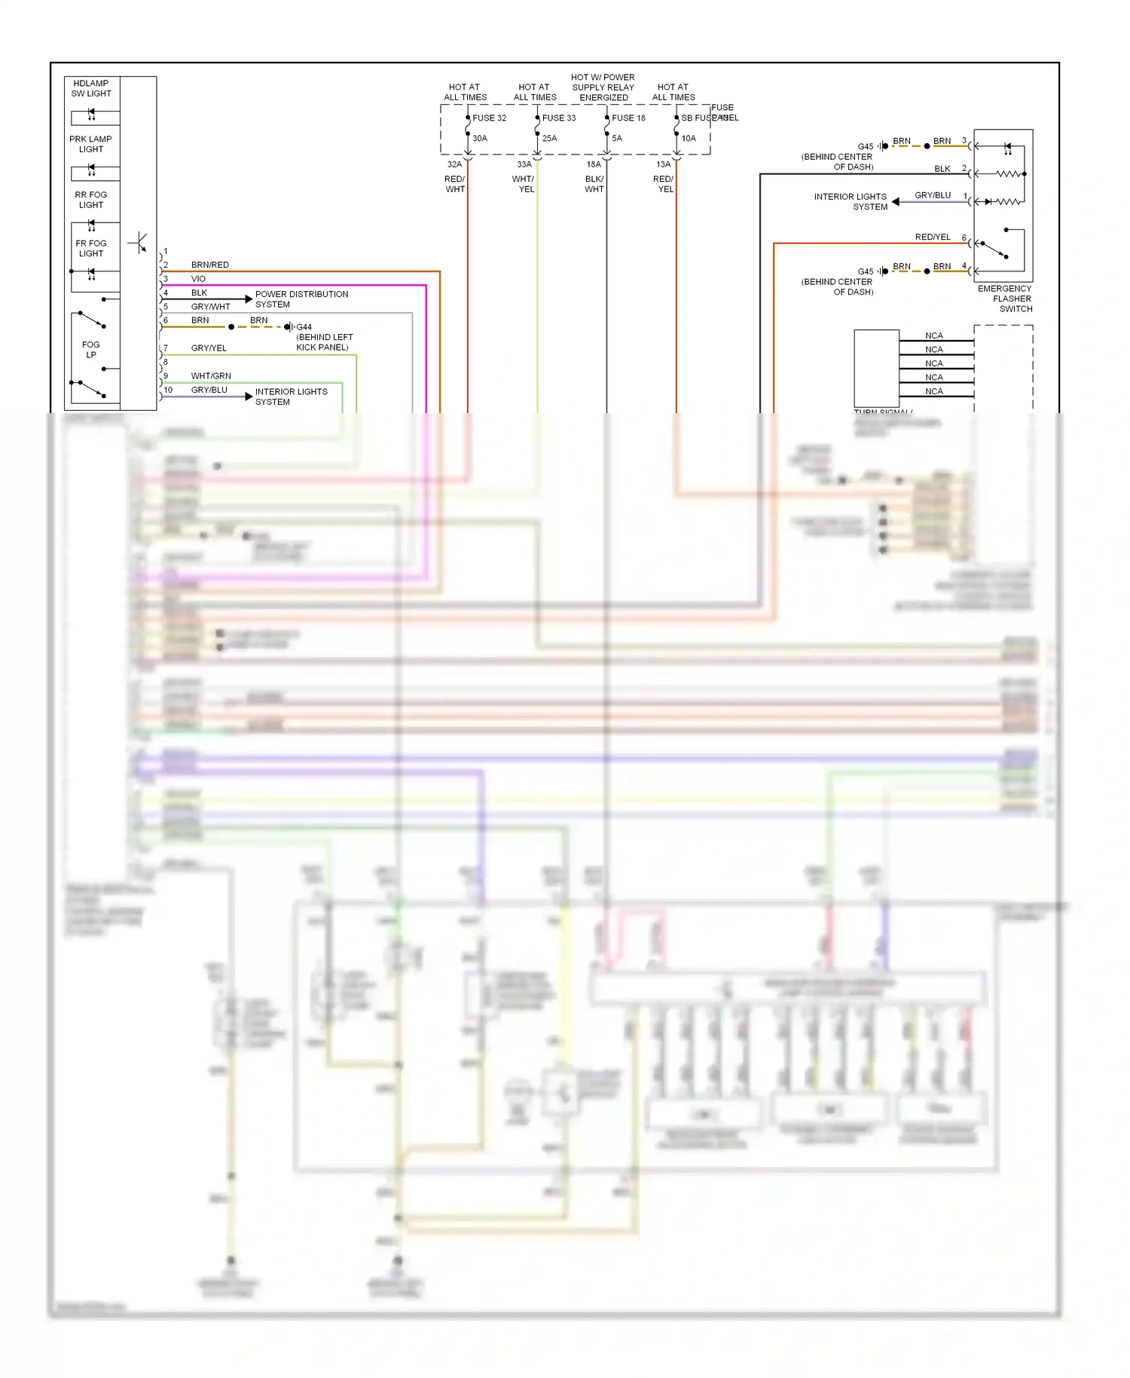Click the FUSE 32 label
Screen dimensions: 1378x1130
489,118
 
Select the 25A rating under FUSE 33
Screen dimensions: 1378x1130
549,138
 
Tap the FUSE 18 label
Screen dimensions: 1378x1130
628,118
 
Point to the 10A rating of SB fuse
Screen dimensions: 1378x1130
689,138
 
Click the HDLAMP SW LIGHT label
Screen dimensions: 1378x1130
91,88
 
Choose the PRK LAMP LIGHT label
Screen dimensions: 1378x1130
90,144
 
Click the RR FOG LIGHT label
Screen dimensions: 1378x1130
91,200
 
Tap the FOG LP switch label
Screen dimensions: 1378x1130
91,350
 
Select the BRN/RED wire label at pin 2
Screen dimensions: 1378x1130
209,265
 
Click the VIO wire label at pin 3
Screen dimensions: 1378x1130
198,279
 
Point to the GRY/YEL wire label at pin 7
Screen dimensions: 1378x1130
209,348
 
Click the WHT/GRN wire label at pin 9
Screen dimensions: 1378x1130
211,375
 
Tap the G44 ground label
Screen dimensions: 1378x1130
304,327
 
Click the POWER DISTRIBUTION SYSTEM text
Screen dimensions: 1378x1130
301,299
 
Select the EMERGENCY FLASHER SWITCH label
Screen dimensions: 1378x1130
1006,299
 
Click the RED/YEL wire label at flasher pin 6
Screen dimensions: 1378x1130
933,237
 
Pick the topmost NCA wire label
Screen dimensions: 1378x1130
933,335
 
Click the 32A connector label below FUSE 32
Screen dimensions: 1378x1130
454,164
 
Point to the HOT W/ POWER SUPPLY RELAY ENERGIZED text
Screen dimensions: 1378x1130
603,87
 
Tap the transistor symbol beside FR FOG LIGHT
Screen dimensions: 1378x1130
139,243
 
